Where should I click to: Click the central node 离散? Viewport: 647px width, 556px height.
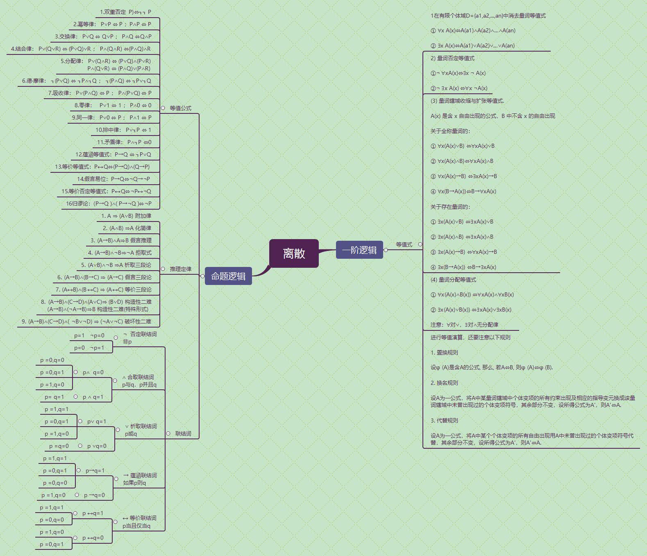(x=294, y=253)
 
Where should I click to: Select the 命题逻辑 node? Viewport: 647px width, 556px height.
(x=228, y=276)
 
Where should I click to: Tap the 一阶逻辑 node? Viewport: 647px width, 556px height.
(x=359, y=250)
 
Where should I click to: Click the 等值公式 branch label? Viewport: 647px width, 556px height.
(x=180, y=108)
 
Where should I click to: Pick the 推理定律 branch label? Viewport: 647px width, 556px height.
(x=180, y=269)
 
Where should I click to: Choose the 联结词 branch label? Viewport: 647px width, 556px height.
(x=183, y=434)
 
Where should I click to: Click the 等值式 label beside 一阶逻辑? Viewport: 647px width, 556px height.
(x=404, y=244)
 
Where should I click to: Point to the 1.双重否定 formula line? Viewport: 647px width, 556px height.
(x=125, y=12)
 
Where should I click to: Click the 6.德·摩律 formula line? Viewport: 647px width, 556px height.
(x=86, y=81)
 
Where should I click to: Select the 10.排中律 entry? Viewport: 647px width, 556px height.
(x=123, y=130)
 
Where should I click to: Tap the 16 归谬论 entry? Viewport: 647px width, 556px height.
(x=109, y=203)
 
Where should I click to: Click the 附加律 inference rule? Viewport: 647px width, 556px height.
(x=126, y=216)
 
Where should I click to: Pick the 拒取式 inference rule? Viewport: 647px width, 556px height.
(x=120, y=253)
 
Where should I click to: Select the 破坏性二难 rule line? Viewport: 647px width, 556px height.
(x=86, y=321)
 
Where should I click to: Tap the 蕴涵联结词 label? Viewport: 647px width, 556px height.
(x=140, y=479)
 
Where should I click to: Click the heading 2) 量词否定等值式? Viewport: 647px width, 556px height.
(x=452, y=58)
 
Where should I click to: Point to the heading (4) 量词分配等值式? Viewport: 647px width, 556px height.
(x=453, y=280)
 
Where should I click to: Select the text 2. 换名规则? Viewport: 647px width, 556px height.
(x=444, y=383)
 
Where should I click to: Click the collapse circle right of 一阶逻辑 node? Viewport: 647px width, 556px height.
(x=386, y=250)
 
